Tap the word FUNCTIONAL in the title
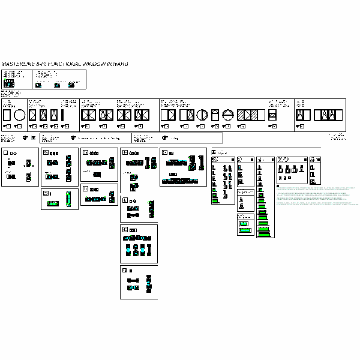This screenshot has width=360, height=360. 64,64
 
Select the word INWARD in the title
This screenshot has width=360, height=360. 115,64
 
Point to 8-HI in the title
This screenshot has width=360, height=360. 41,64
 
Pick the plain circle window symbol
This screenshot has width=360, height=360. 19,115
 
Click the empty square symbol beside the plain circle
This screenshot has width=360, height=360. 7,115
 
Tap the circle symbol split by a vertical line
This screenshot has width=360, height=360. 202,115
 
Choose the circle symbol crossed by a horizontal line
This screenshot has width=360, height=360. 228,115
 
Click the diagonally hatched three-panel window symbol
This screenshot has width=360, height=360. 247,115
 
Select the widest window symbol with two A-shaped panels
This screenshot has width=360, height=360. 328,115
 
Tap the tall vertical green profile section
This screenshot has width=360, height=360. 69,199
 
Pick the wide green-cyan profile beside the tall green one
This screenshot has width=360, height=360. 53,203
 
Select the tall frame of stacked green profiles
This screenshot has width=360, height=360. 263,197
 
